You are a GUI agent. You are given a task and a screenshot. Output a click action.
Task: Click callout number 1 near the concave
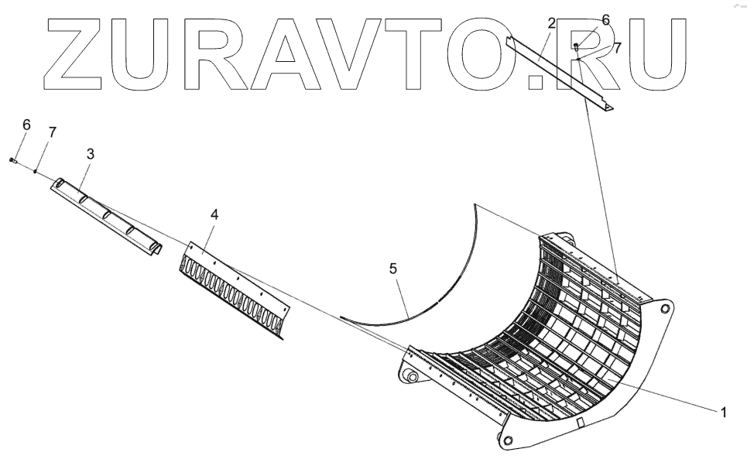[x=723, y=413]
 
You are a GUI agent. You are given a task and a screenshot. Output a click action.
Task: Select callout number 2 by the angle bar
[x=551, y=24]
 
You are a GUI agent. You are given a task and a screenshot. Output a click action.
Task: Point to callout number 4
[x=214, y=214]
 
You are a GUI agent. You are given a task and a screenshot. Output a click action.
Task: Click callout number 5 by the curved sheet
[x=393, y=269]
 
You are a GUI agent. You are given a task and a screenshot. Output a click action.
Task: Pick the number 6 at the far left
[x=26, y=125]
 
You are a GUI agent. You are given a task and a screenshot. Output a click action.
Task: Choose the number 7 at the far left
[x=52, y=132]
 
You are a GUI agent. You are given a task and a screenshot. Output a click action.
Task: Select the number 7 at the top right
[x=617, y=47]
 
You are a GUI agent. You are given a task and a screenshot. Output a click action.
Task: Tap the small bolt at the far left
[x=13, y=159]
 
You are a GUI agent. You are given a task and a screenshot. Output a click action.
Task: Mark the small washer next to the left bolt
[x=35, y=170]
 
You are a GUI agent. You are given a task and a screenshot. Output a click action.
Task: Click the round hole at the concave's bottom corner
[x=507, y=440]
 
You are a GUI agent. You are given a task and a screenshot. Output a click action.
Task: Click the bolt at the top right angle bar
[x=577, y=48]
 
